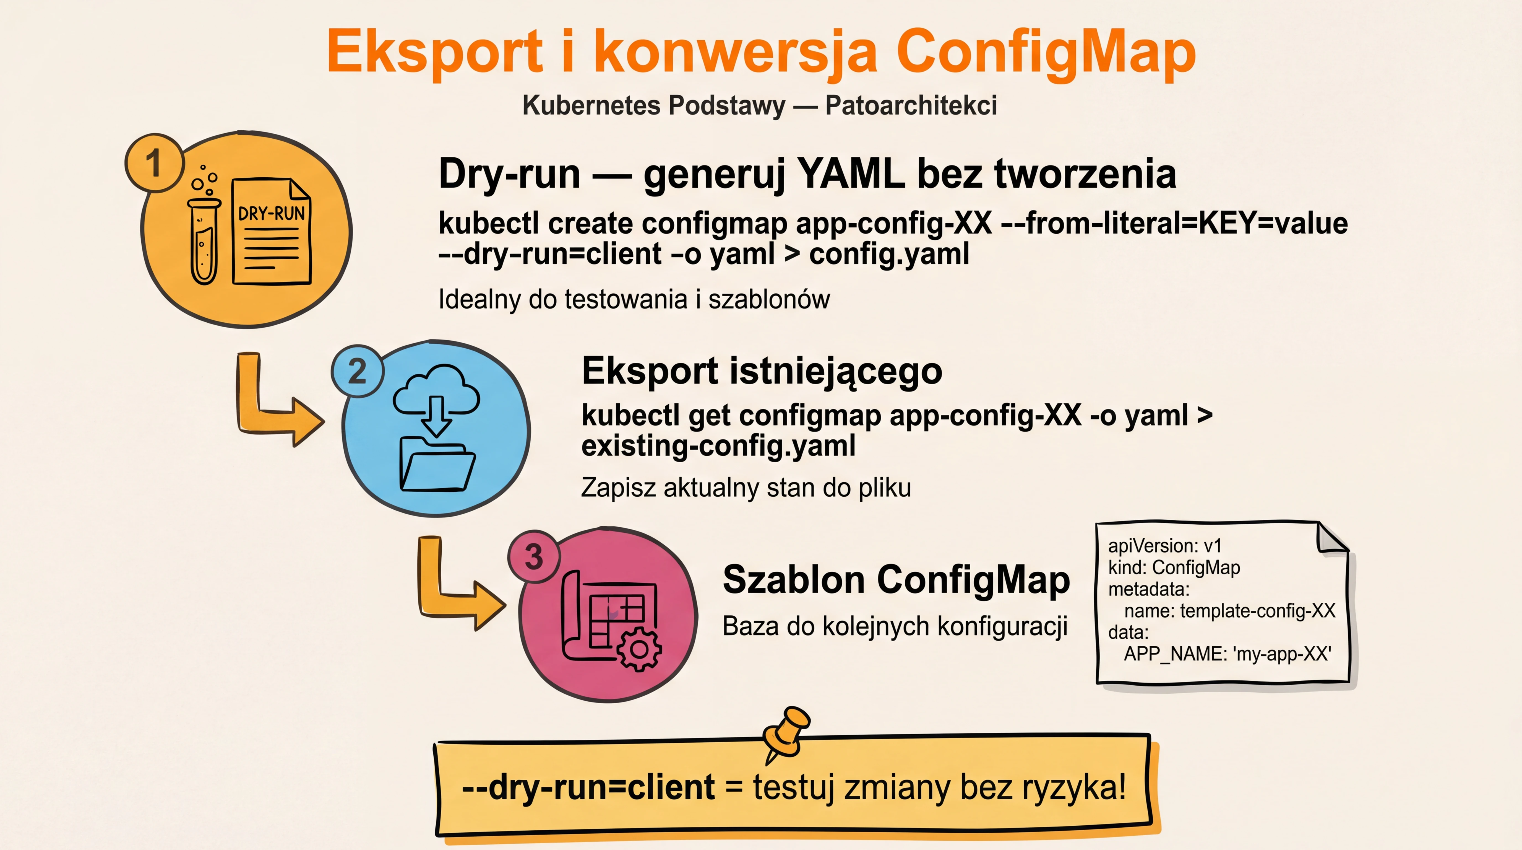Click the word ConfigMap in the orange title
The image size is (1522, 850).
(x=1046, y=52)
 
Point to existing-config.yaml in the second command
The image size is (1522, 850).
(x=718, y=446)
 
